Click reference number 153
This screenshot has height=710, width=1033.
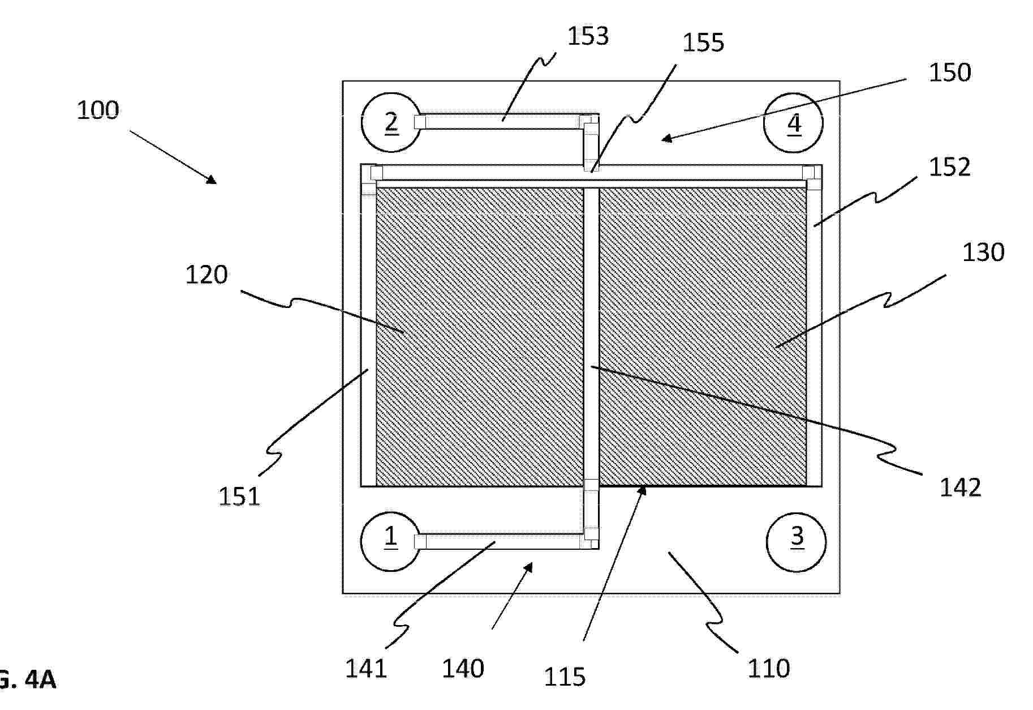coord(588,36)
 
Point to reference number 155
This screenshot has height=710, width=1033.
coord(703,42)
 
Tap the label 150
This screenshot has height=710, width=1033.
coord(950,72)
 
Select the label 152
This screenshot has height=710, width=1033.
coord(950,167)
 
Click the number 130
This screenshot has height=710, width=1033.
coord(983,253)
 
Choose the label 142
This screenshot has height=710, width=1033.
coord(961,487)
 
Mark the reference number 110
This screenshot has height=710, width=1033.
coord(769,669)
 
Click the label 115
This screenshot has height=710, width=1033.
coord(565,677)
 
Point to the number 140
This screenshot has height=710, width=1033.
coord(463,669)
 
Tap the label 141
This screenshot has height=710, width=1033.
coord(366,669)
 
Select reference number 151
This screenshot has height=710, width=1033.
coord(239,497)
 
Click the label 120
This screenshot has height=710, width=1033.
coord(206,275)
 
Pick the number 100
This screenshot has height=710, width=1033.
coord(98,110)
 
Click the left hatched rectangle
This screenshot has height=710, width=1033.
coord(480,337)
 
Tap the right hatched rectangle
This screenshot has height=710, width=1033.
coord(703,337)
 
